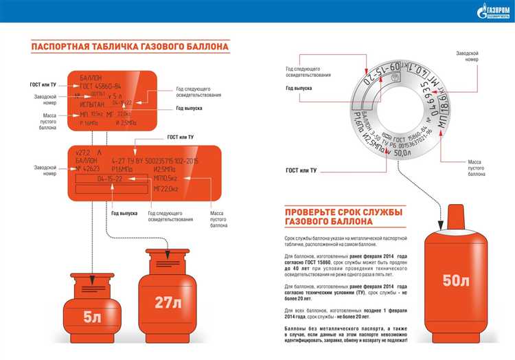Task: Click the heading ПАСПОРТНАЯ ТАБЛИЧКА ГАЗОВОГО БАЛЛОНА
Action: tap(130, 47)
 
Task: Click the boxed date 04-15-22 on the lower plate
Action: tap(110, 178)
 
